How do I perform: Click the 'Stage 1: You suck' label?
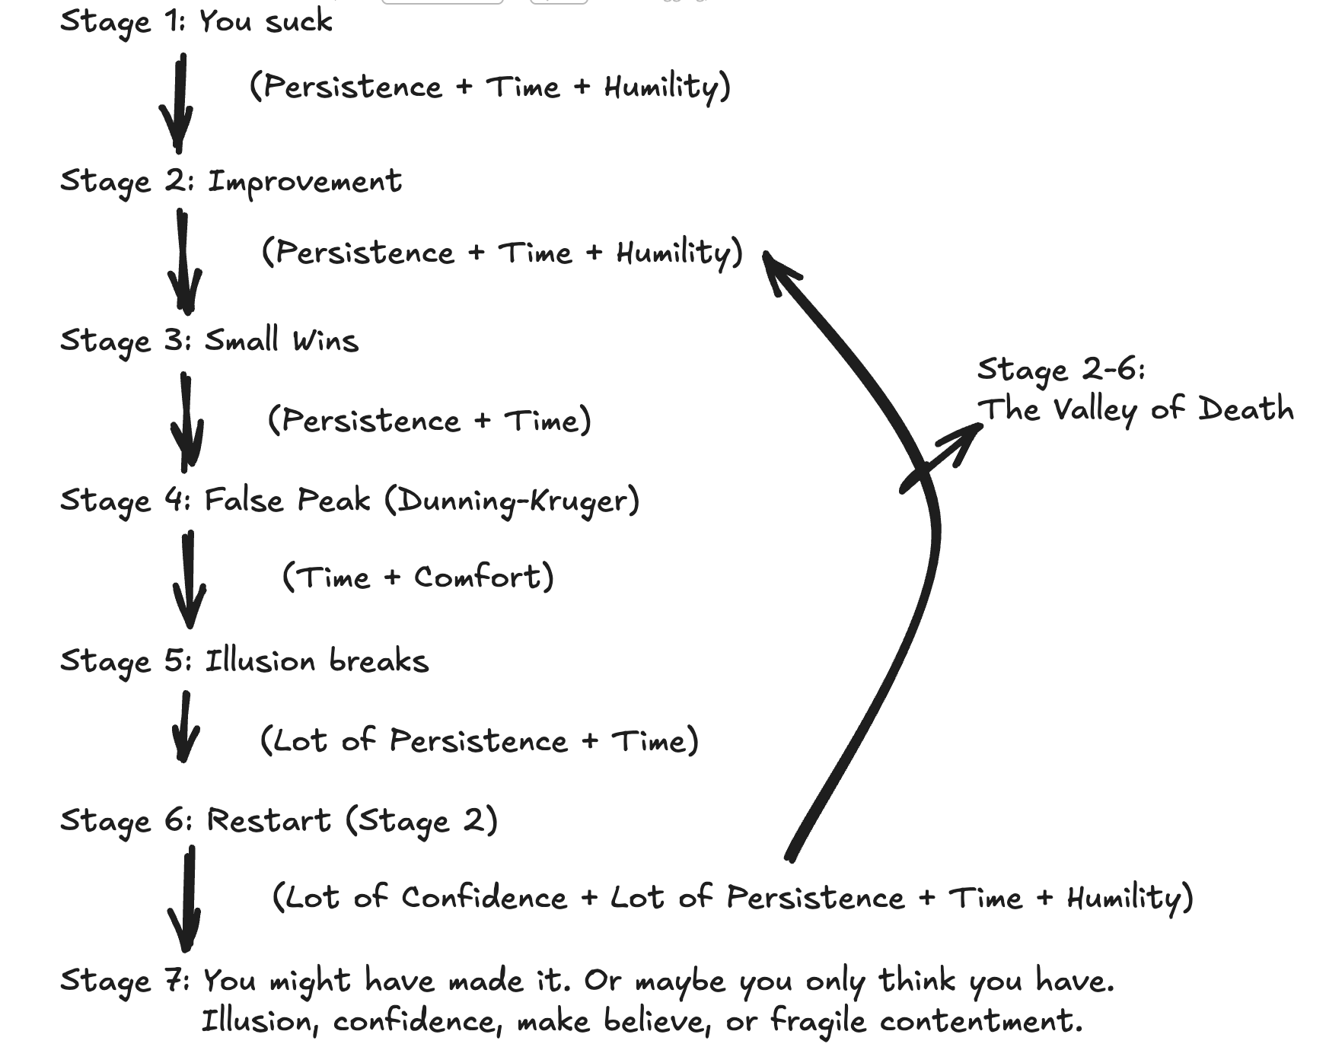(196, 21)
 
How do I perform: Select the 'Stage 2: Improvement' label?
(230, 182)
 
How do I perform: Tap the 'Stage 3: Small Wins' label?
(209, 340)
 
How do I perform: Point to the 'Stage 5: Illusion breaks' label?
(244, 660)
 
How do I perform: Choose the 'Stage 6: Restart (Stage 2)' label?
(279, 821)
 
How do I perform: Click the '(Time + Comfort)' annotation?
(417, 577)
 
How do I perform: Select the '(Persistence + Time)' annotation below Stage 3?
(429, 420)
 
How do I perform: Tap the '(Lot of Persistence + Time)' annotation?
(479, 740)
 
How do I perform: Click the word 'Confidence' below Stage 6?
(484, 898)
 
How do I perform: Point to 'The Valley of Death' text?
(1135, 409)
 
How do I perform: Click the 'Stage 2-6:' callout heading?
(1061, 370)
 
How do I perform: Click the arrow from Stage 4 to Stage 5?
(189, 580)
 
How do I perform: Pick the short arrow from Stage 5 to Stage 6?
(184, 727)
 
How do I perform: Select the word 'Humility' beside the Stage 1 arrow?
(661, 87)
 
